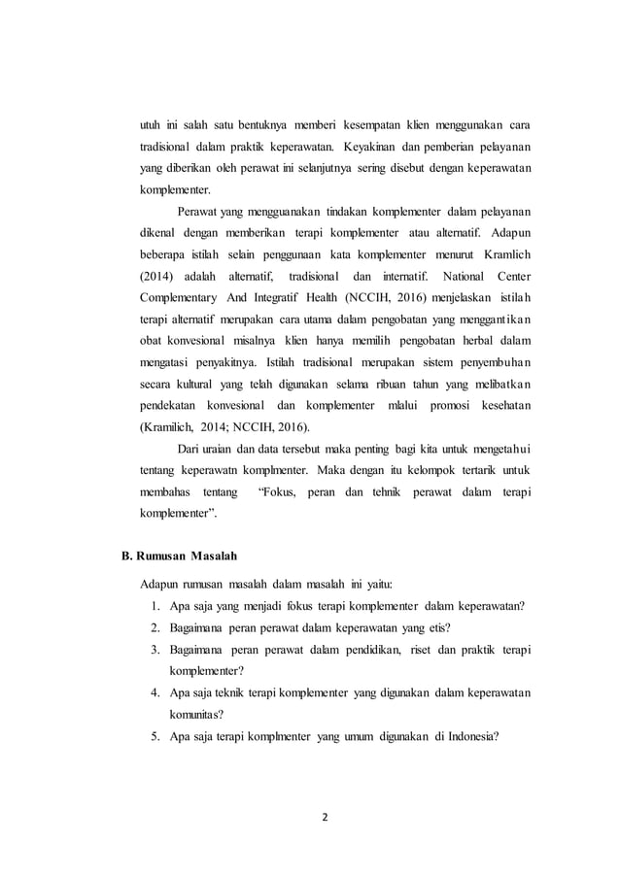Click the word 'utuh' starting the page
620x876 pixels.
(150, 125)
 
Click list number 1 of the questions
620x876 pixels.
(155, 607)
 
